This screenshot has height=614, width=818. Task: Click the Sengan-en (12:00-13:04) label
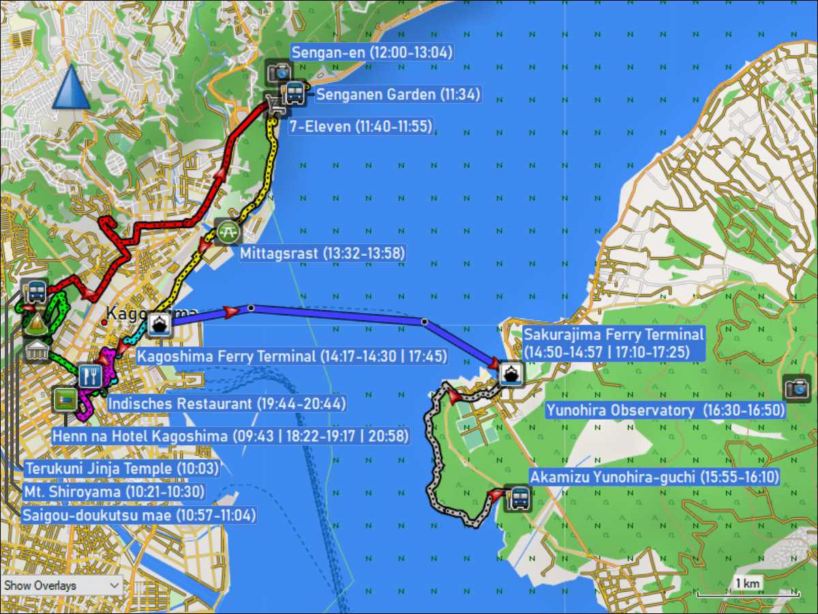(372, 53)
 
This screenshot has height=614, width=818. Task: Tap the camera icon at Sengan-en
(279, 72)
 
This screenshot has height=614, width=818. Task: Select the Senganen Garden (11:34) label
(399, 94)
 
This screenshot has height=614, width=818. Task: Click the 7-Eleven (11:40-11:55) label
(361, 126)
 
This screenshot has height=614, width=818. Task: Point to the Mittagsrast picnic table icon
(228, 232)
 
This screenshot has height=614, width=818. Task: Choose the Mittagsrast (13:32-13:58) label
(322, 253)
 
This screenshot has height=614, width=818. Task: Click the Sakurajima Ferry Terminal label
(613, 344)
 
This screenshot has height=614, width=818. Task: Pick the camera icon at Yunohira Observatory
(796, 388)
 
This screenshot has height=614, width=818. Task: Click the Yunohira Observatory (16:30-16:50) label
(665, 410)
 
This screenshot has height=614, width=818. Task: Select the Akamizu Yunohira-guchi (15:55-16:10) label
(654, 477)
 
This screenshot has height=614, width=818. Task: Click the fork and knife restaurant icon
(90, 375)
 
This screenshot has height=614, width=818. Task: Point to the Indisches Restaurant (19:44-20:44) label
(227, 403)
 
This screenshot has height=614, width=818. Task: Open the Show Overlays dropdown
(62, 585)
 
